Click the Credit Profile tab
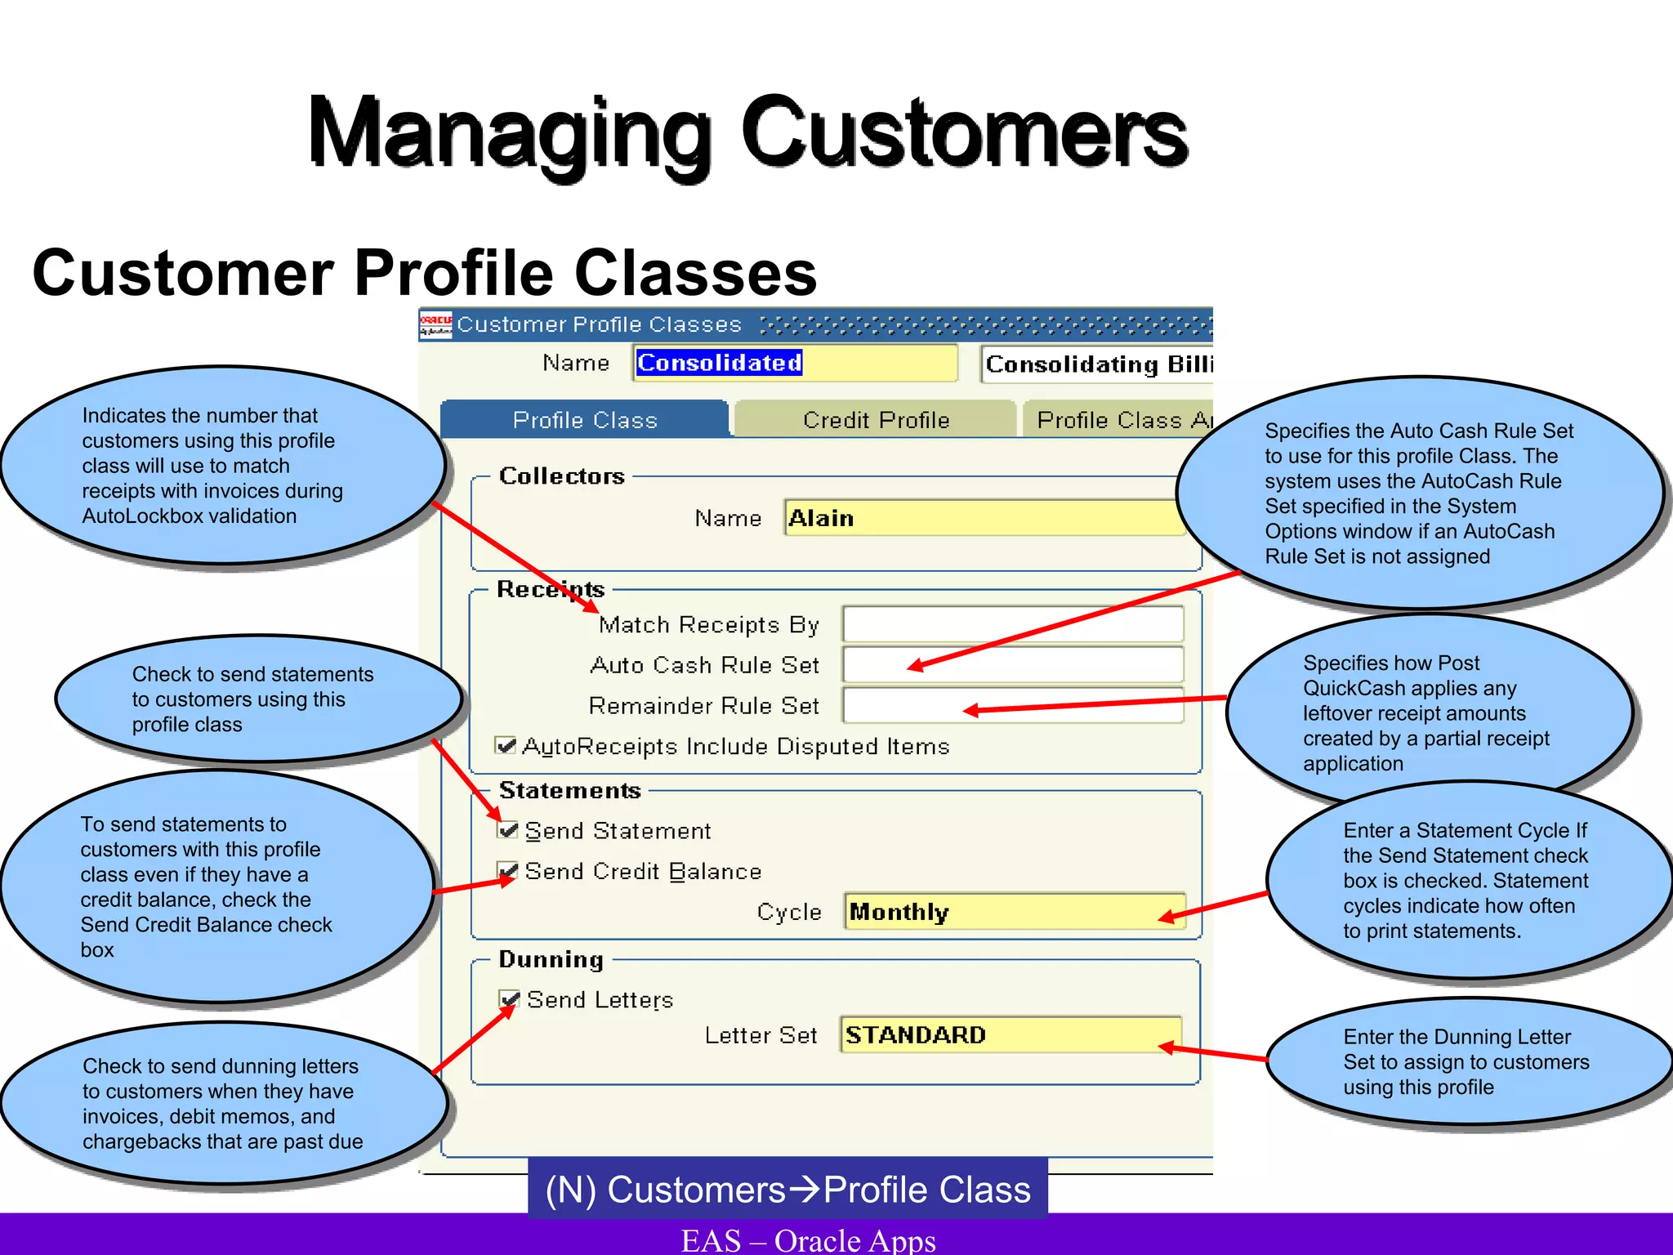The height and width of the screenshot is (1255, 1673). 876,420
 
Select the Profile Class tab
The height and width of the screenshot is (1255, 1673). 585,420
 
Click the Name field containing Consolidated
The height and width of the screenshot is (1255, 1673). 794,363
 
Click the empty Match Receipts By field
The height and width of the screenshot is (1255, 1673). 1013,625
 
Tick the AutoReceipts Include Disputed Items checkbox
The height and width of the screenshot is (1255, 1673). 506,745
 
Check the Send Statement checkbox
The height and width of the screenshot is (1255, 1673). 508,830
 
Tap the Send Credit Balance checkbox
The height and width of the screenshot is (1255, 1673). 508,871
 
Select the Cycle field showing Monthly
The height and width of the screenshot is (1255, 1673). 1013,912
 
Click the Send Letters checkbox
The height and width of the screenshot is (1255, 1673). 510,999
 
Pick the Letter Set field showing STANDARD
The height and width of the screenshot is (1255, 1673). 1010,1035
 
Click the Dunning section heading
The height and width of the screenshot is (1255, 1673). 551,959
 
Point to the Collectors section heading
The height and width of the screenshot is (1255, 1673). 562,476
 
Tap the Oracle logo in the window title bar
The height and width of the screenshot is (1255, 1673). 435,325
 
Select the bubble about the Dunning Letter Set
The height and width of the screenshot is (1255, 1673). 1466,1061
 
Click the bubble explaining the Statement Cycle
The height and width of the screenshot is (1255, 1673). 1466,881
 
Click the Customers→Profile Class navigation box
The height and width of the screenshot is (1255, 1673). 787,1189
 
